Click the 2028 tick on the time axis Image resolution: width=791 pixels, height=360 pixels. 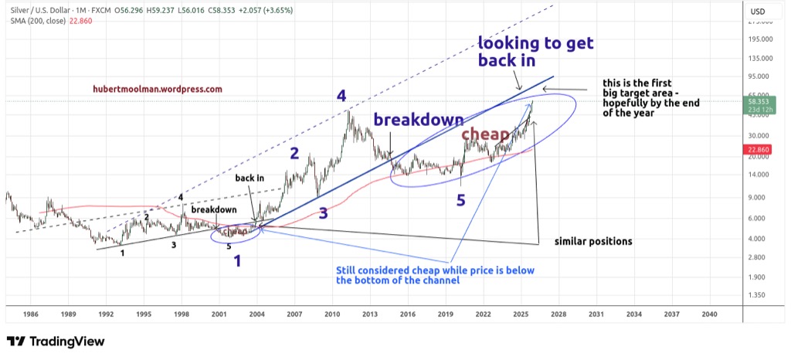[558, 314]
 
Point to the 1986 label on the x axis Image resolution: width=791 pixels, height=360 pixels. [31, 314]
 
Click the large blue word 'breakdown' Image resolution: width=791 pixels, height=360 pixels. [419, 120]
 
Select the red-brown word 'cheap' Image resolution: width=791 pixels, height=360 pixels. [486, 135]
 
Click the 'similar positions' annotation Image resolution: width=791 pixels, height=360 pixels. [593, 242]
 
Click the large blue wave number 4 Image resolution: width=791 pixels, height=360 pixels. [341, 96]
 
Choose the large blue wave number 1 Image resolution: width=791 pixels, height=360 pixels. [237, 261]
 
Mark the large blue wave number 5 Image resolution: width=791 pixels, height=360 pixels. [461, 201]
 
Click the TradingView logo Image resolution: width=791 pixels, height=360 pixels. [56, 341]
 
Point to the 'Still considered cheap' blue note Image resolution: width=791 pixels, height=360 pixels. [435, 276]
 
